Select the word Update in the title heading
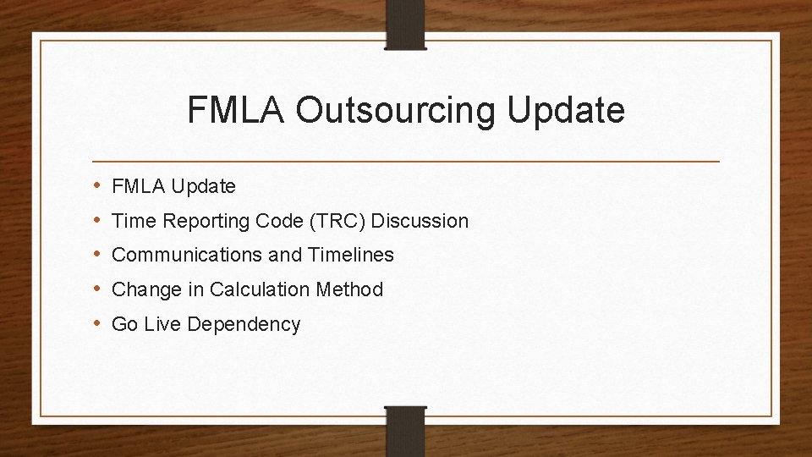click(568, 111)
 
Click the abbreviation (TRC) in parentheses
click(337, 221)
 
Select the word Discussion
click(420, 221)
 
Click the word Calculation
click(260, 289)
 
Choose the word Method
click(349, 289)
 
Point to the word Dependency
click(250, 324)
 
